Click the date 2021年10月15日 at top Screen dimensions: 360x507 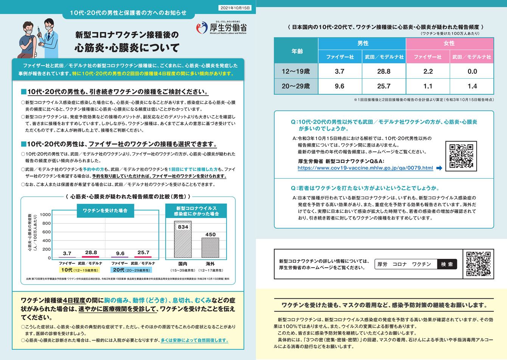[235, 8]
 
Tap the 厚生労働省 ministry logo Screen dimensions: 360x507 [222, 27]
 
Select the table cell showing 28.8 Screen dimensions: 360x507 [384, 71]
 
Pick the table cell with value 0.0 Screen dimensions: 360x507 [472, 71]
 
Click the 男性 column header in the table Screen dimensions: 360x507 [362, 44]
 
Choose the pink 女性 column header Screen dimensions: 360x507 [449, 44]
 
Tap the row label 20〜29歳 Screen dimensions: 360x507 [296, 86]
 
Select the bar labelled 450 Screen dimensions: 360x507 [210, 248]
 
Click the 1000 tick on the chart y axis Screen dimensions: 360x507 [45, 215]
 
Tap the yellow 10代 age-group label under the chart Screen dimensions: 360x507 [79, 270]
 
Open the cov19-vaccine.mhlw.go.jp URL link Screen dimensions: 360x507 [365, 168]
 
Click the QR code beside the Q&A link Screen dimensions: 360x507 [461, 156]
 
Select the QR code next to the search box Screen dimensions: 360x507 [478, 263]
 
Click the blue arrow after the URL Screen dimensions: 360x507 [439, 168]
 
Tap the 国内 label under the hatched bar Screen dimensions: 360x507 [183, 263]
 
